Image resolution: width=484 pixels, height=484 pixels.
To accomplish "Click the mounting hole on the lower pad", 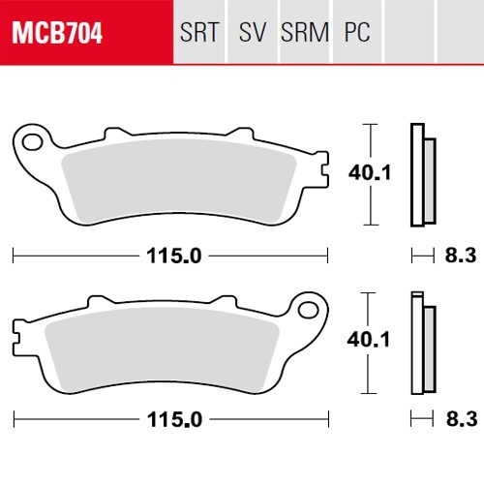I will pyautogui.click(x=312, y=310).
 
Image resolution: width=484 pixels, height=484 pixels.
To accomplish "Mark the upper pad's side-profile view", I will pyautogui.click(x=422, y=174).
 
